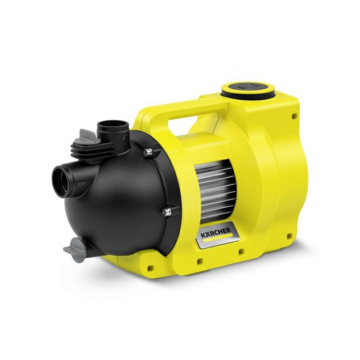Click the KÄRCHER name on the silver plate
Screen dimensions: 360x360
216,232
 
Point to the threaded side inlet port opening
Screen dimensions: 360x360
62,182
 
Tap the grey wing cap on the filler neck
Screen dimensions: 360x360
89,136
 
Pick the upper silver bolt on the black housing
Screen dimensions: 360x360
148,152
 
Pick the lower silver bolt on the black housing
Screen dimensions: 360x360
167,212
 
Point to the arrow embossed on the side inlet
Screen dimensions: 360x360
81,184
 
